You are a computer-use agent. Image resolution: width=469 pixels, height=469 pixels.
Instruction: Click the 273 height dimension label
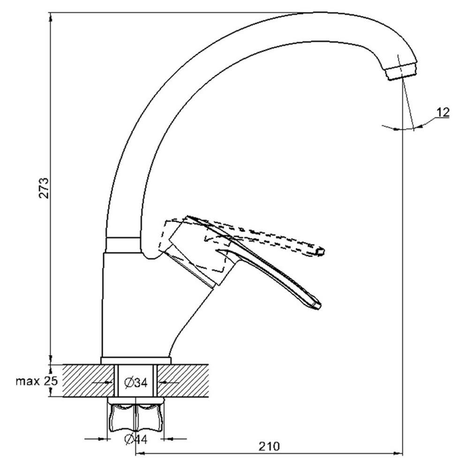tap(44, 188)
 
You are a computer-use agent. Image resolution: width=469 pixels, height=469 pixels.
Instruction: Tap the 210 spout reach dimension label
tap(269, 446)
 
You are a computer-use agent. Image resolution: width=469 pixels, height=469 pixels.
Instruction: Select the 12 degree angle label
tap(443, 113)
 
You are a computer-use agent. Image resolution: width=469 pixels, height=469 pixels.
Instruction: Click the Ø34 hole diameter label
tap(136, 382)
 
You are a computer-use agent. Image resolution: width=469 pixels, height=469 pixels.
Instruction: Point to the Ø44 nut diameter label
tap(136, 439)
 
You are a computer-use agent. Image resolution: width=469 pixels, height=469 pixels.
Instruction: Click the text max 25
tap(37, 381)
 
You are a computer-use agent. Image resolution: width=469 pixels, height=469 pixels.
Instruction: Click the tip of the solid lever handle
tap(317, 305)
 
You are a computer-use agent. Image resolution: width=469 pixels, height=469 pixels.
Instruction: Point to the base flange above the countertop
tap(136, 360)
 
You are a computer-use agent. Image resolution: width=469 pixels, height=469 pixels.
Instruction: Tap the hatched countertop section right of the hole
tap(183, 380)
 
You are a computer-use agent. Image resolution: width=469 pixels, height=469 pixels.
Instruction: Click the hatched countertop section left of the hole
tap(89, 380)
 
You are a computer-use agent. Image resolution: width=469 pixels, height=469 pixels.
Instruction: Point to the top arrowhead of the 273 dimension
tap(51, 17)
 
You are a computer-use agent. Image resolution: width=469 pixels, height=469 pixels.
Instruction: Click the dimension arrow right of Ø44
tap(174, 439)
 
